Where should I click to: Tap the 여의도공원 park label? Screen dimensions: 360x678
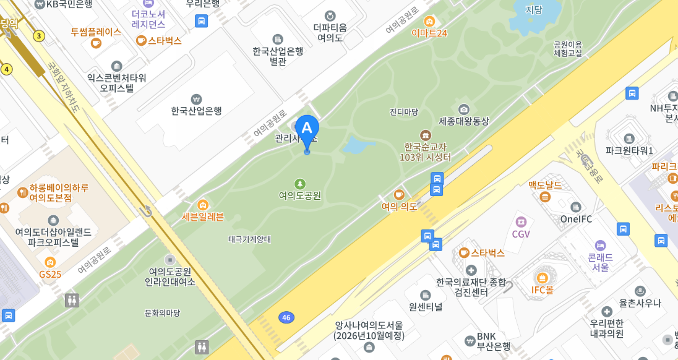tap(299, 195)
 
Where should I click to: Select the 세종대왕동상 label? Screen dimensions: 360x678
tap(463, 121)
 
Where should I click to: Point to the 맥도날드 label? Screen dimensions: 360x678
tap(544, 184)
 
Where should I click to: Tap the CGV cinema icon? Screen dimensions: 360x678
tap(521, 221)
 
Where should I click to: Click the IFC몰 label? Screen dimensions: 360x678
tap(542, 289)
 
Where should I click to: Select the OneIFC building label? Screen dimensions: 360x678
tap(576, 218)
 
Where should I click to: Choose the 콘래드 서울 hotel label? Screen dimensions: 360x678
tap(599, 262)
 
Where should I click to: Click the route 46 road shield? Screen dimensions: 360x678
tap(285, 317)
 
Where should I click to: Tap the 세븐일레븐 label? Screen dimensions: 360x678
tap(202, 216)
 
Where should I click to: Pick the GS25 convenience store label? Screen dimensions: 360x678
tap(50, 273)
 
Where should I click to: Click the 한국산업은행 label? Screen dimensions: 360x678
tap(196, 111)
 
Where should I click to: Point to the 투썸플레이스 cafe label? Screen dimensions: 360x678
tap(96, 32)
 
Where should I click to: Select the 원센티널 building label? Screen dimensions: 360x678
tap(425, 306)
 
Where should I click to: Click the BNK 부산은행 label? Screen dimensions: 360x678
tap(493, 341)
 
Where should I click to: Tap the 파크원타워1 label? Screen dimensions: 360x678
tap(629, 150)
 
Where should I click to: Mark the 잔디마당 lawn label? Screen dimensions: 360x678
tap(404, 112)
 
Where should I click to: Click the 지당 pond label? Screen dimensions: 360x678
tap(533, 9)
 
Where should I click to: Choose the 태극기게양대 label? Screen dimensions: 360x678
tap(249, 239)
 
